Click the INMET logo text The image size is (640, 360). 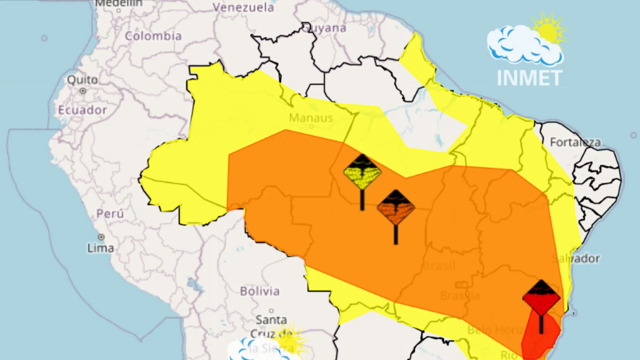point(529,78)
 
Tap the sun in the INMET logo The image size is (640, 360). point(547,32)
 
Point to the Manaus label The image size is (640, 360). point(311,118)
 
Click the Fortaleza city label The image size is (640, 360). point(575,142)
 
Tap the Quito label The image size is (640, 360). point(82,80)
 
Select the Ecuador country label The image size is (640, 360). point(82,110)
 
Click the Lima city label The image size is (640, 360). point(100,248)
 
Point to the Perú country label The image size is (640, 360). point(110,214)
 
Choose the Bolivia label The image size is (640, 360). point(260,291)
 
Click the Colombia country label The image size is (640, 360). point(153,36)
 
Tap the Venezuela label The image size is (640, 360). point(243,7)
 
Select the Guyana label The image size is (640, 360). point(325,28)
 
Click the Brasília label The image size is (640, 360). point(460,296)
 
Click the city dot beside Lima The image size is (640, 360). point(101,237)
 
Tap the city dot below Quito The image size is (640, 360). point(83,91)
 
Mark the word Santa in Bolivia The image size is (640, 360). point(271,320)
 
